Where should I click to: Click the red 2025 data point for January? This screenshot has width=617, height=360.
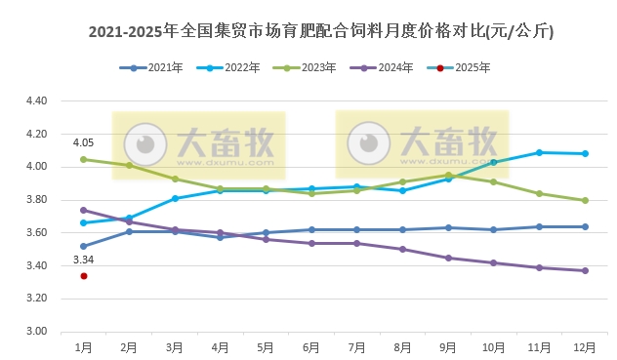(x=84, y=276)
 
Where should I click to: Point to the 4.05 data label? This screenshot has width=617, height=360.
(x=84, y=142)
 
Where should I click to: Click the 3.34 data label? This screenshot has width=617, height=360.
(x=84, y=260)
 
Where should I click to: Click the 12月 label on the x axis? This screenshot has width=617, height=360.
(x=584, y=345)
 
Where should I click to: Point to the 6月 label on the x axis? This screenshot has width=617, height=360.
(x=311, y=345)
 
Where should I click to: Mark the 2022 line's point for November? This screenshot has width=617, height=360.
(x=539, y=152)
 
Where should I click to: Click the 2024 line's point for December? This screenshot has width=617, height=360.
(x=584, y=270)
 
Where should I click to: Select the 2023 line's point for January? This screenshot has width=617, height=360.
(x=84, y=159)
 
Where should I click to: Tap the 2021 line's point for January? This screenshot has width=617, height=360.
(x=84, y=246)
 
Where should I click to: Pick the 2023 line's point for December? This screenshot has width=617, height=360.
(x=584, y=200)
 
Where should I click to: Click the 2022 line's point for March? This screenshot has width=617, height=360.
(x=175, y=198)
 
